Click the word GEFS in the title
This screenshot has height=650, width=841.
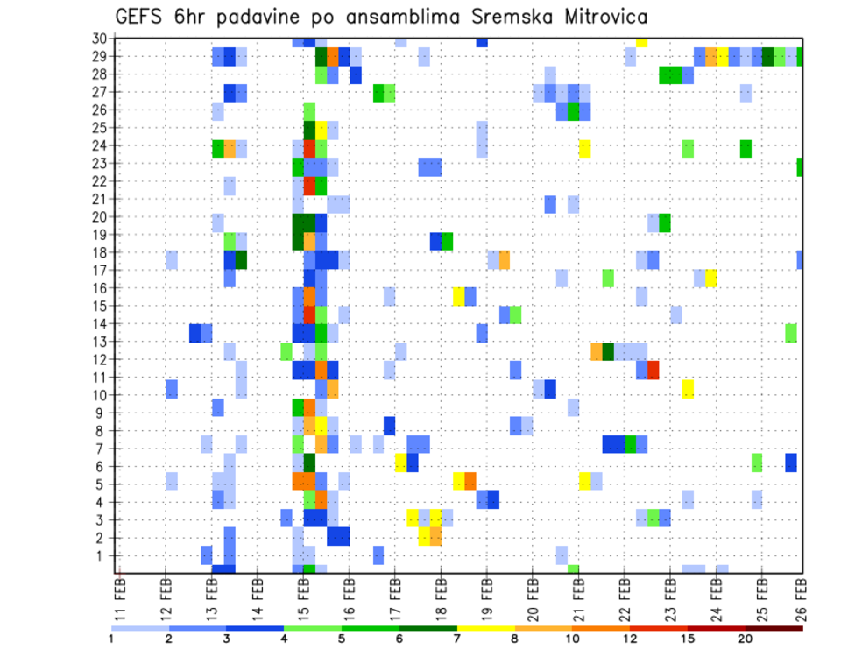coord(138,17)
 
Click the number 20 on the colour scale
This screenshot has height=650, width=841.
coord(746,639)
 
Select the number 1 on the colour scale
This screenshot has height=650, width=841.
coord(111,639)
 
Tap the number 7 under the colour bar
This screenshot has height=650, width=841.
coord(457,639)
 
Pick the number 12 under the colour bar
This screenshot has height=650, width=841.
coord(630,639)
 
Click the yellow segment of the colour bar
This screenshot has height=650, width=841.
coord(485,628)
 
